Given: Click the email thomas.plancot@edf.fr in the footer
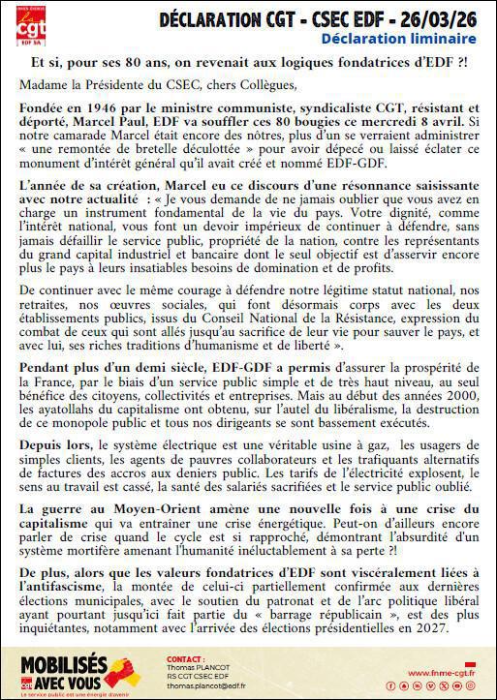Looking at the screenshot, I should (206, 685).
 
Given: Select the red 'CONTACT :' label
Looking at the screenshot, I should (186, 658).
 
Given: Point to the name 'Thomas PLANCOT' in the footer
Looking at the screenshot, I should (200, 666).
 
